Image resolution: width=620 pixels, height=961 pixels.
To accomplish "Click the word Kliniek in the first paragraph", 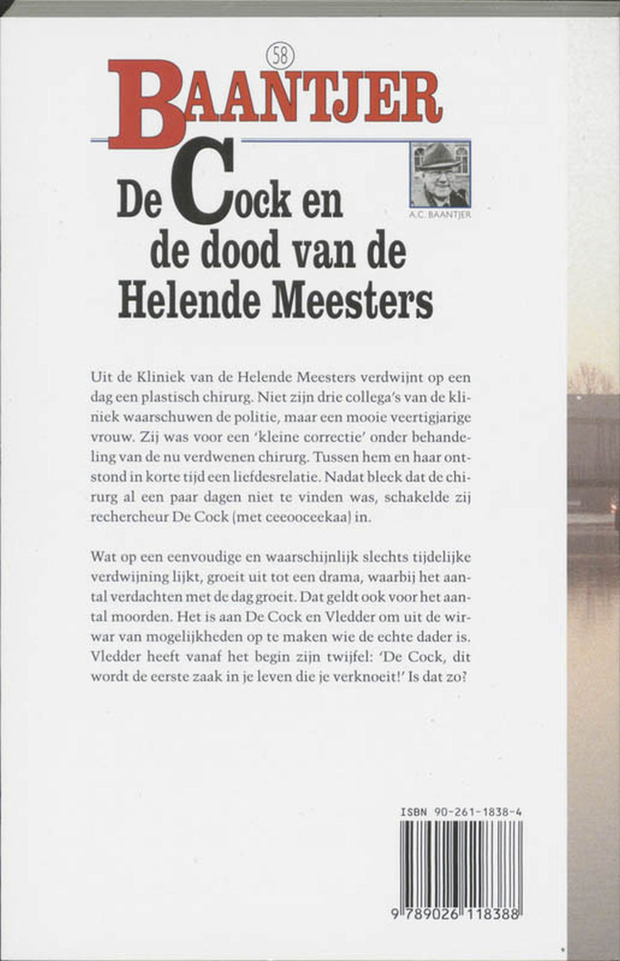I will click(x=153, y=378).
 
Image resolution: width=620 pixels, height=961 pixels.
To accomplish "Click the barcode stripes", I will click(x=460, y=864).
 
